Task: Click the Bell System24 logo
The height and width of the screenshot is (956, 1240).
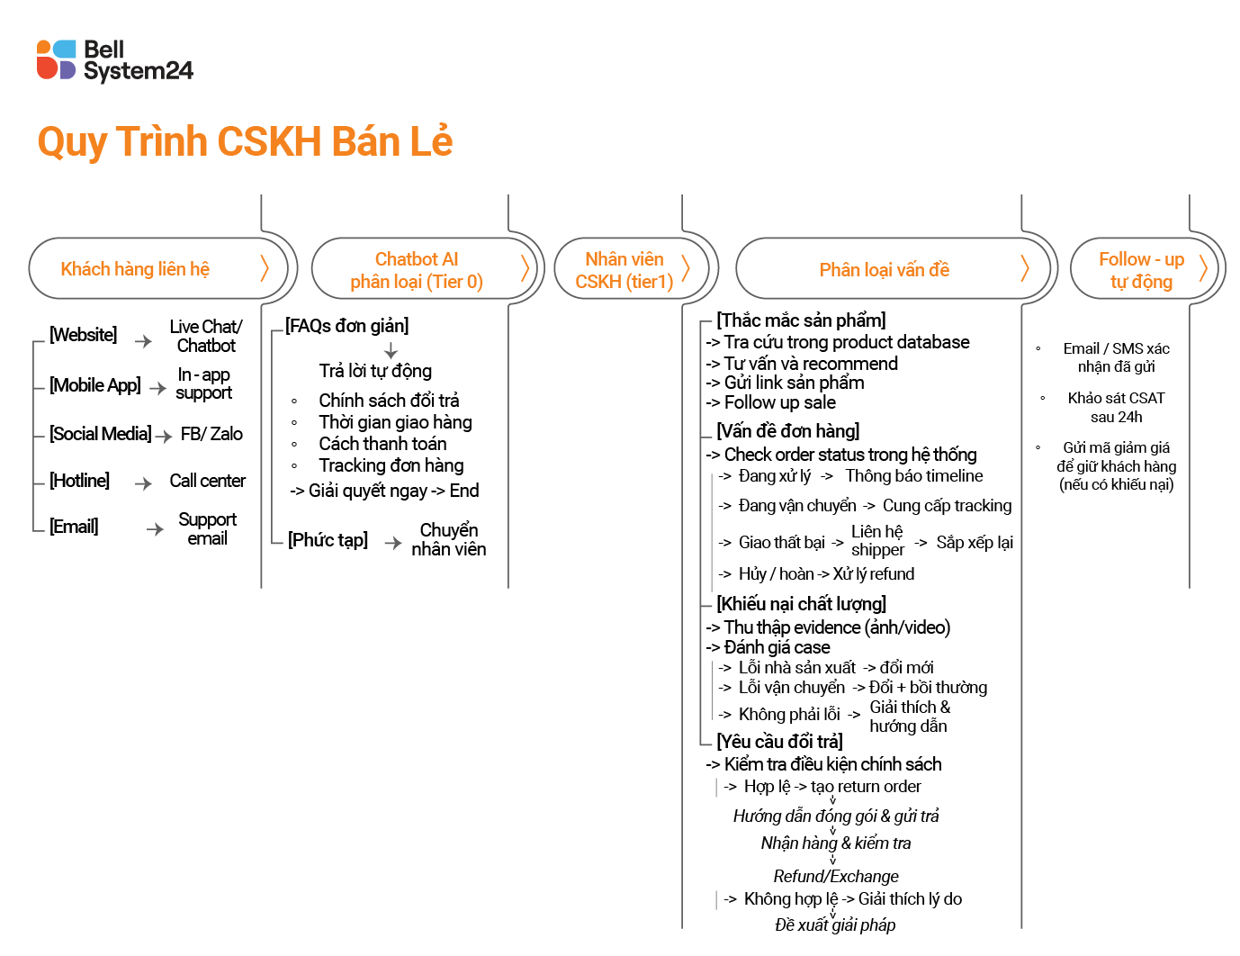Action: point(114,60)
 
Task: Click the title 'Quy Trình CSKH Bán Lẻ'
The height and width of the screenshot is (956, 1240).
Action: point(245,141)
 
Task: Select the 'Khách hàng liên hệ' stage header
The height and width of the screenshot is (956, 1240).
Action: point(135,269)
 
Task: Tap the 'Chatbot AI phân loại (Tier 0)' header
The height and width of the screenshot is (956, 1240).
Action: point(417,270)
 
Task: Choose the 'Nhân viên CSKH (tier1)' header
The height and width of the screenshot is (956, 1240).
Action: point(624,270)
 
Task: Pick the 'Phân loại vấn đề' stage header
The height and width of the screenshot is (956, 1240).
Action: point(884,270)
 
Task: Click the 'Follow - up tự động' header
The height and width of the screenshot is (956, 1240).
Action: point(1141,270)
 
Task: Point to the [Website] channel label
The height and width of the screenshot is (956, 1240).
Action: point(83,335)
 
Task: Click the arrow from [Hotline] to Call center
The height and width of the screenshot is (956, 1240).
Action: point(143,483)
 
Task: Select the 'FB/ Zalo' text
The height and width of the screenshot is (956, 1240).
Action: point(211,434)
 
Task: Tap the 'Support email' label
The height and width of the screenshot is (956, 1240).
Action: point(207,529)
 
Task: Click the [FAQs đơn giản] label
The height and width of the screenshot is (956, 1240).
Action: point(346,326)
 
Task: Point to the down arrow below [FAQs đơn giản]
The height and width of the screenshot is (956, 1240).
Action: point(391,350)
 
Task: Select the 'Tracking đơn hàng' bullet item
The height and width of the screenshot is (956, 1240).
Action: point(391,465)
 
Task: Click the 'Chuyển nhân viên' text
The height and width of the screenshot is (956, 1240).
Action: point(448,539)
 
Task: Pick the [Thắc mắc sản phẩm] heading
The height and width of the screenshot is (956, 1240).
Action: point(801,320)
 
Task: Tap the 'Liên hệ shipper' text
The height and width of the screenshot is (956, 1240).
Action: point(877,541)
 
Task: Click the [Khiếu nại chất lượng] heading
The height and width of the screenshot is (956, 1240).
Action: point(801,604)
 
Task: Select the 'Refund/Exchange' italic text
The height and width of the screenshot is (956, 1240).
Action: point(836,876)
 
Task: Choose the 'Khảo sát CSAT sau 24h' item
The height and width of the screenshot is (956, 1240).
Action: point(1116,408)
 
